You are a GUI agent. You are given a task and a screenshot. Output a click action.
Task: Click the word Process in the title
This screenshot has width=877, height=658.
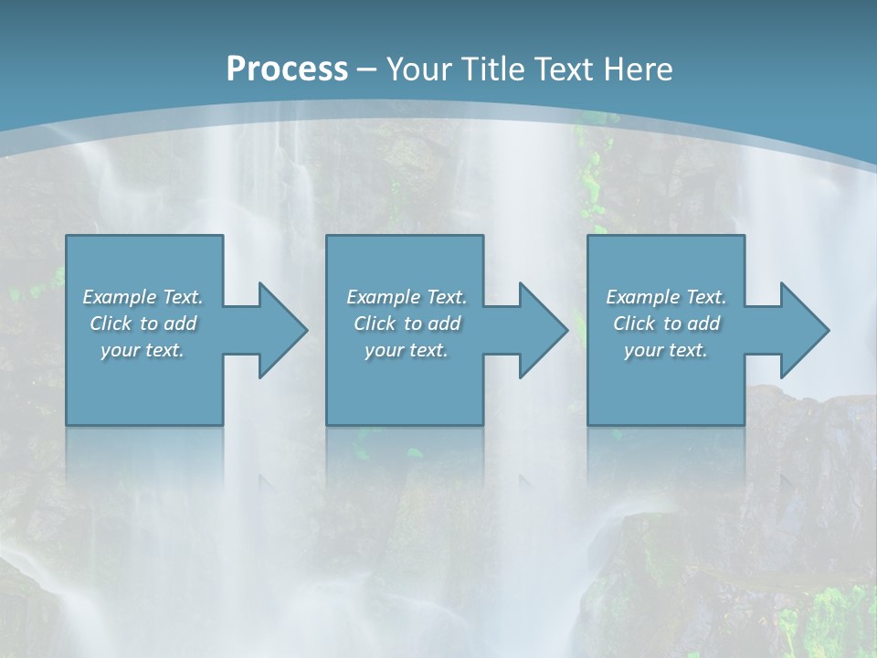[x=287, y=69]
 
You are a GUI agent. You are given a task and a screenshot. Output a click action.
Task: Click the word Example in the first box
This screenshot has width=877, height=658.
[x=120, y=297]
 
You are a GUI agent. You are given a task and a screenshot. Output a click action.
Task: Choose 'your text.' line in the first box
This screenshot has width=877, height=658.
[x=143, y=350]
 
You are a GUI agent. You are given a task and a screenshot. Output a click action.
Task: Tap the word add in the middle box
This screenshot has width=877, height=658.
[x=444, y=324]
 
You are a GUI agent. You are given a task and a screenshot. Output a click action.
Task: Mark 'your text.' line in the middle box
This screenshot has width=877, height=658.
[x=407, y=350]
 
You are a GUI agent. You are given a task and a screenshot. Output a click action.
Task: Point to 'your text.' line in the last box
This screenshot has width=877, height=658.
[x=666, y=350]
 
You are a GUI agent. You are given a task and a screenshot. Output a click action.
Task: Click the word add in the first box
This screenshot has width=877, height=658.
[x=180, y=324]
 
